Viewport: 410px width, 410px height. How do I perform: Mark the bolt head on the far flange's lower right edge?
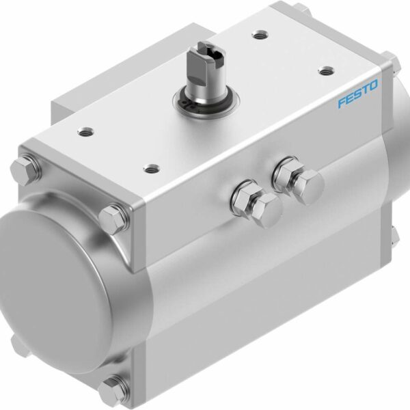click(x=394, y=236)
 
